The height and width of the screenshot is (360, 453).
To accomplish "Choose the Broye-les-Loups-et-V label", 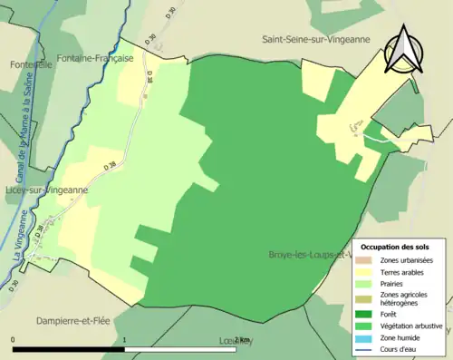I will [x=309, y=255].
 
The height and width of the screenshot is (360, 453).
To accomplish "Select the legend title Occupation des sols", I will [x=395, y=247].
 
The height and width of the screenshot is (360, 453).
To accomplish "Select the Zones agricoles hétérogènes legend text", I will [x=404, y=298].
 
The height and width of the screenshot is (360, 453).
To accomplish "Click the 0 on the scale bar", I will [x=13, y=340].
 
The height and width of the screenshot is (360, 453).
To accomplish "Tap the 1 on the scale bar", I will [x=124, y=340].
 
